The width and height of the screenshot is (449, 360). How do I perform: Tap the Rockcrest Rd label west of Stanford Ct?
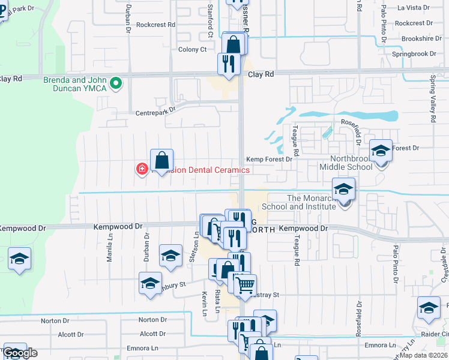point(155,25)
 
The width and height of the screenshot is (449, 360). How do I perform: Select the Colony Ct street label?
point(192,50)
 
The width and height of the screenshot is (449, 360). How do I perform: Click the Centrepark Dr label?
point(155,112)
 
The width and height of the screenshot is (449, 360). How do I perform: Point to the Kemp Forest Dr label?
point(270,159)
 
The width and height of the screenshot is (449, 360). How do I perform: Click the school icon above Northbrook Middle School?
point(381,149)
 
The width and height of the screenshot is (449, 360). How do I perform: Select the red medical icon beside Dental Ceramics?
point(142,170)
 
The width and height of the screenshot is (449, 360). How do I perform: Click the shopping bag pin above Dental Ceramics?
point(161,160)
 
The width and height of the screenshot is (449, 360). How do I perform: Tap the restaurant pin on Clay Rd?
point(228,64)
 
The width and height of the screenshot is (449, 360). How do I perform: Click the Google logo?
point(20,353)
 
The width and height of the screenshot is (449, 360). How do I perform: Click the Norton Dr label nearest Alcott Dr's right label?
point(151,320)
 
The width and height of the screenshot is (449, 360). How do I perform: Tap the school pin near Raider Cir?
point(429,308)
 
